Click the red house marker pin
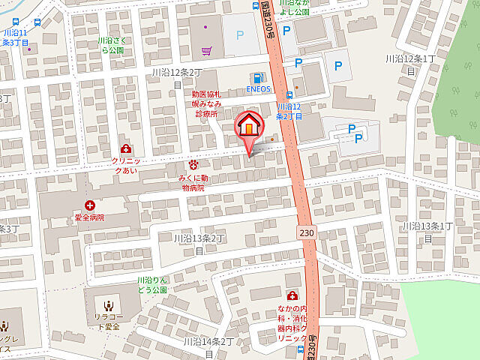[249, 127]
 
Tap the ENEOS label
[258, 88]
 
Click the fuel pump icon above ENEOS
[258, 76]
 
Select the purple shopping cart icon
[206, 50]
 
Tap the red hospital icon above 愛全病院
[90, 205]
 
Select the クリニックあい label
[124, 166]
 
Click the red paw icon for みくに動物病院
[193, 163]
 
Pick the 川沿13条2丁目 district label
[199, 243]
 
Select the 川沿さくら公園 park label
[110, 46]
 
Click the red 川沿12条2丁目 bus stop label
[289, 112]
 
